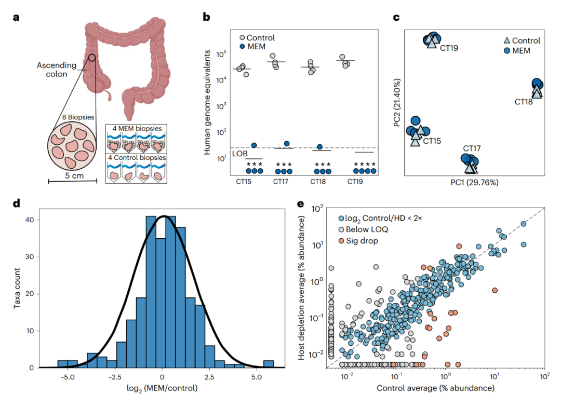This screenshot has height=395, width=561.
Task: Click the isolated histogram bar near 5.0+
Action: pos(269,364)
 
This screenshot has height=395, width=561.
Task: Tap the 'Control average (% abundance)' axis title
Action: pos(435,388)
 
